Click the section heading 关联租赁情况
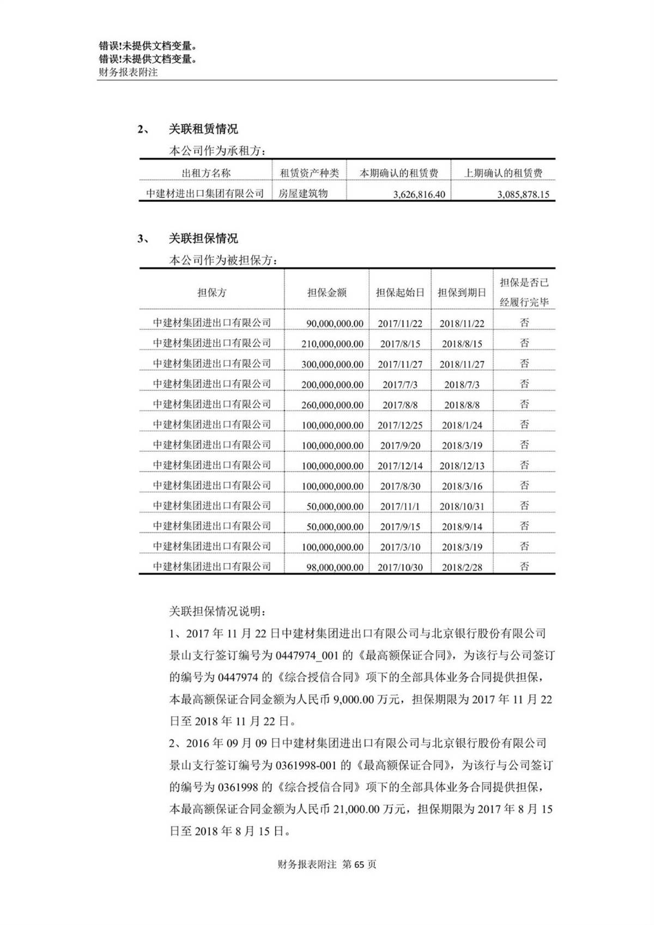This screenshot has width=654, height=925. pyautogui.click(x=203, y=130)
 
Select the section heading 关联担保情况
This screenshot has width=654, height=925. pyautogui.click(x=203, y=239)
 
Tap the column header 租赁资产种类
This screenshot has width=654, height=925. pyautogui.click(x=309, y=173)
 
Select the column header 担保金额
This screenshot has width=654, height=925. pyautogui.click(x=326, y=293)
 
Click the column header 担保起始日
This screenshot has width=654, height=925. pyautogui.click(x=400, y=293)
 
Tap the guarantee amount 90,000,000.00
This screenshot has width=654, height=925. pyautogui.click(x=335, y=323)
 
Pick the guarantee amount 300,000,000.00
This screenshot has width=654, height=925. pyautogui.click(x=332, y=364)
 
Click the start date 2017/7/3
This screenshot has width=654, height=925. pyautogui.click(x=400, y=384)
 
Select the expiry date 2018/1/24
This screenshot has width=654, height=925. pyautogui.click(x=462, y=425)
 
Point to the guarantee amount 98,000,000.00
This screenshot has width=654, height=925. pyautogui.click(x=335, y=567)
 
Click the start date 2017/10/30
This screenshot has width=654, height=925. pyautogui.click(x=400, y=567)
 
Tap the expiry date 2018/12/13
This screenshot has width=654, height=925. pyautogui.click(x=462, y=465)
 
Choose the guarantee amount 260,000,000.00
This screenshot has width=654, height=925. pyautogui.click(x=332, y=405)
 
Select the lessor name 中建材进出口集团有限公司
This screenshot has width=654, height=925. pyautogui.click(x=205, y=194)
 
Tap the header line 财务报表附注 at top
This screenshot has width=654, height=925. pyautogui.click(x=128, y=72)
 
